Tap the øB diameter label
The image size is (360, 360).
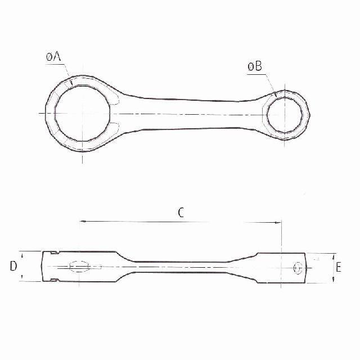254,66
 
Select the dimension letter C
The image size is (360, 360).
181,212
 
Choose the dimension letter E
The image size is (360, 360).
338,268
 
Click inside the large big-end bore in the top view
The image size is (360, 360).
83,114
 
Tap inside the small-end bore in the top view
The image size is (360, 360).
285,114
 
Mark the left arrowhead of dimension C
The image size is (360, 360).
83,222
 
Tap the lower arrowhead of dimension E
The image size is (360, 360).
332,281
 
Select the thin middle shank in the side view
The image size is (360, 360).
180,265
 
